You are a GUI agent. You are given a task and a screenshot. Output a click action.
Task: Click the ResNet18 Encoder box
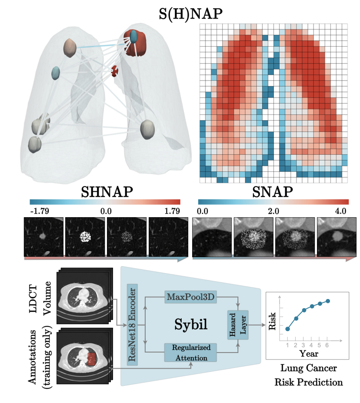132,324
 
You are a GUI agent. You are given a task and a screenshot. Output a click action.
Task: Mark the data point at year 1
287,329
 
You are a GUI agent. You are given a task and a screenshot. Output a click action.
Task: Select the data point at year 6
327,301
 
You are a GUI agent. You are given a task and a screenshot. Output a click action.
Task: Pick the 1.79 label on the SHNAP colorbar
172,212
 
